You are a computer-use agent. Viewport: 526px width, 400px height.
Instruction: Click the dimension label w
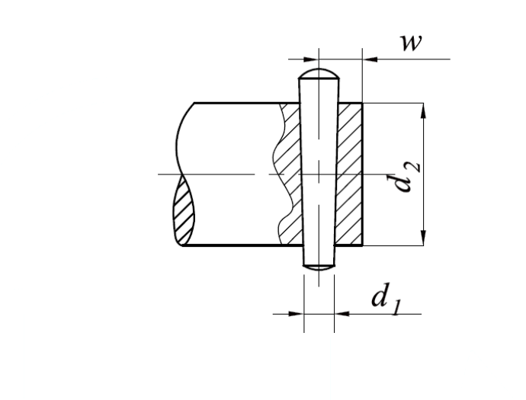tap(411, 43)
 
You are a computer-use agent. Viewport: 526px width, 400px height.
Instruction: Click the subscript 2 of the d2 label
tap(415, 166)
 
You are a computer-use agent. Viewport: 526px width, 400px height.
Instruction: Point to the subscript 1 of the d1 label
tap(396, 309)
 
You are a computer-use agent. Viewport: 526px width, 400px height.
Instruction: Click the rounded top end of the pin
tap(319, 73)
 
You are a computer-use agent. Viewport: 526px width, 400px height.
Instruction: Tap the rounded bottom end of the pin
tap(319, 267)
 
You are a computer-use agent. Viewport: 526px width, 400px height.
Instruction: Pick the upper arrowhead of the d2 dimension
tap(423, 110)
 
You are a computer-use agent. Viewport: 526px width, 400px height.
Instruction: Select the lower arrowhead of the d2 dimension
tap(423, 238)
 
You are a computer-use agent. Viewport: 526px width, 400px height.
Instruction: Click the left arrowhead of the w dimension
tap(311, 59)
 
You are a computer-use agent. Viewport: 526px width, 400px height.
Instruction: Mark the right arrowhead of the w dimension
tap(370, 59)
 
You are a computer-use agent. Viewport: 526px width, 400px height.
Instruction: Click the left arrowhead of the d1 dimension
tap(297, 314)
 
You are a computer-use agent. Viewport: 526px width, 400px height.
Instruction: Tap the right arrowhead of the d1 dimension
tap(342, 314)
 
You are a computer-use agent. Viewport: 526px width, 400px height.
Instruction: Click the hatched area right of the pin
tap(349, 174)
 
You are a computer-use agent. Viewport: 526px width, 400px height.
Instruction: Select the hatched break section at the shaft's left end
tap(184, 210)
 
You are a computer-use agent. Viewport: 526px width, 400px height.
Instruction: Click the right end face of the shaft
tap(363, 174)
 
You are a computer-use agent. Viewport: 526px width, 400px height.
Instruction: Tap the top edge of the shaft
tap(246, 103)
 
